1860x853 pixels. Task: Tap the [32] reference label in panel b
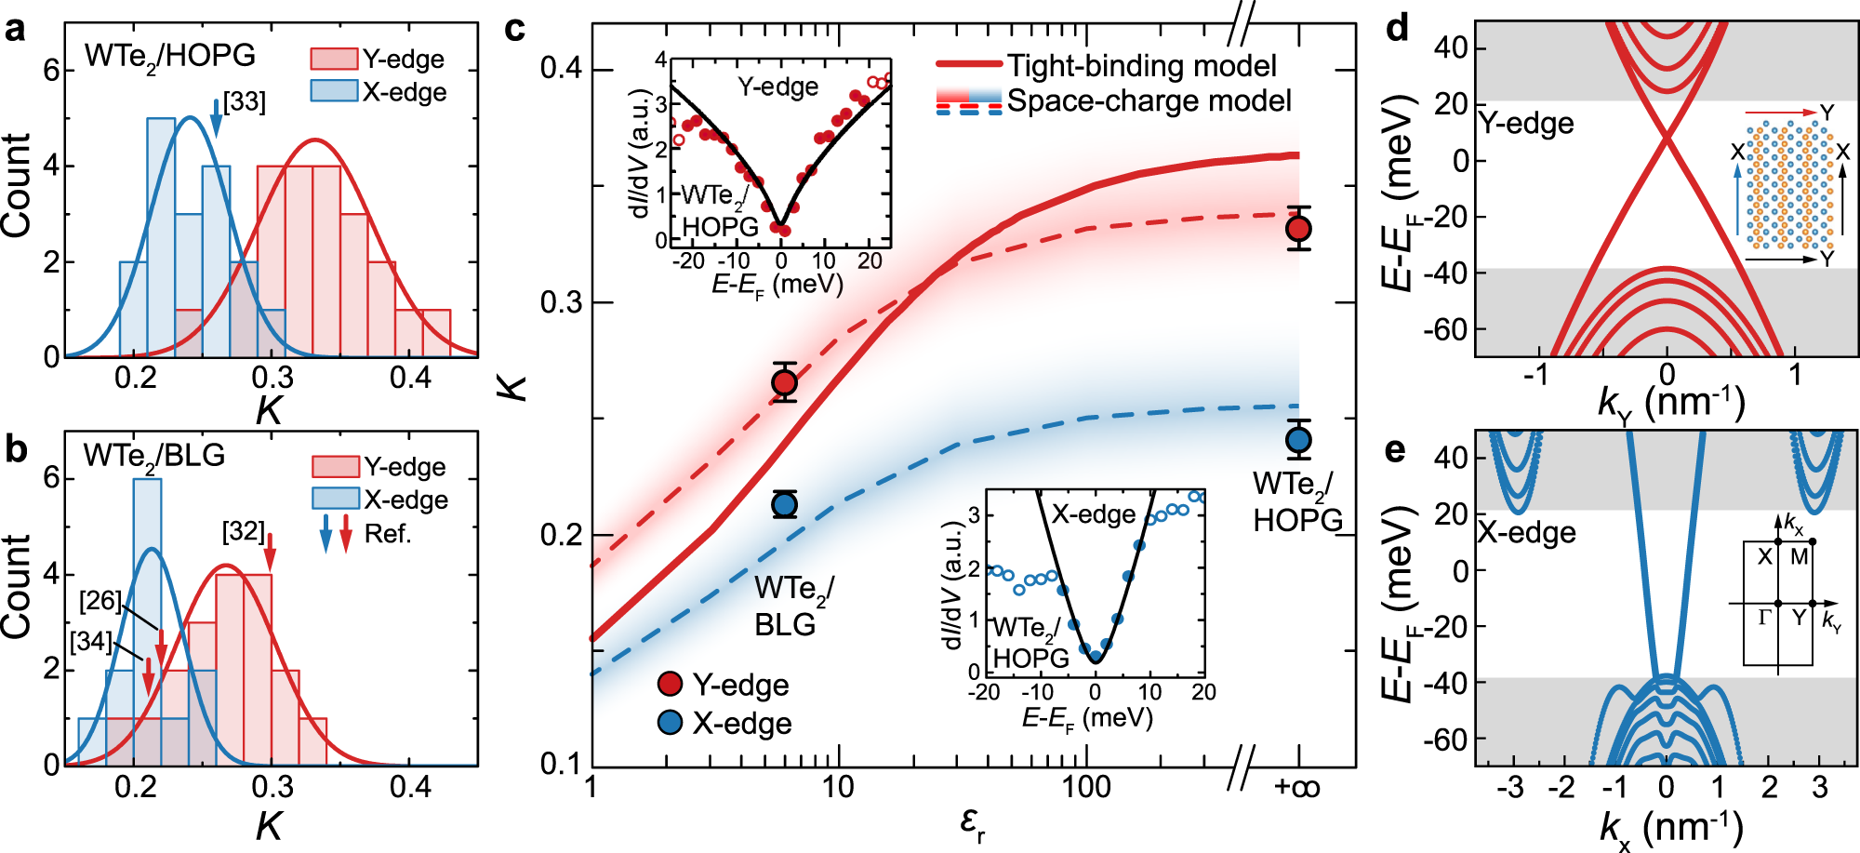(243, 531)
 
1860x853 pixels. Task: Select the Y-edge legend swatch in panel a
(333, 60)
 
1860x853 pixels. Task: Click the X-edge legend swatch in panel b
(335, 500)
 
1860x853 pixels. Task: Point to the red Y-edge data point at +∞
(1298, 228)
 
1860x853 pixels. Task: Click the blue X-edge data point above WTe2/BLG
(785, 504)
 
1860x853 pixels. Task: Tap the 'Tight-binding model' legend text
(1141, 66)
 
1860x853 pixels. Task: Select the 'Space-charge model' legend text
(1149, 100)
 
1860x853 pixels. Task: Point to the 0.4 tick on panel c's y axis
(561, 69)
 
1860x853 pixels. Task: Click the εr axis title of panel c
(972, 822)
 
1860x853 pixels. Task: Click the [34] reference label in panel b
(90, 641)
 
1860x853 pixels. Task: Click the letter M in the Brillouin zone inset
(1799, 557)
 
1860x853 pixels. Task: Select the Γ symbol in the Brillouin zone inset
(1764, 618)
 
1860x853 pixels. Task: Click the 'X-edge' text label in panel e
(1527, 532)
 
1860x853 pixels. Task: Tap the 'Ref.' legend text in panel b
(387, 534)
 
